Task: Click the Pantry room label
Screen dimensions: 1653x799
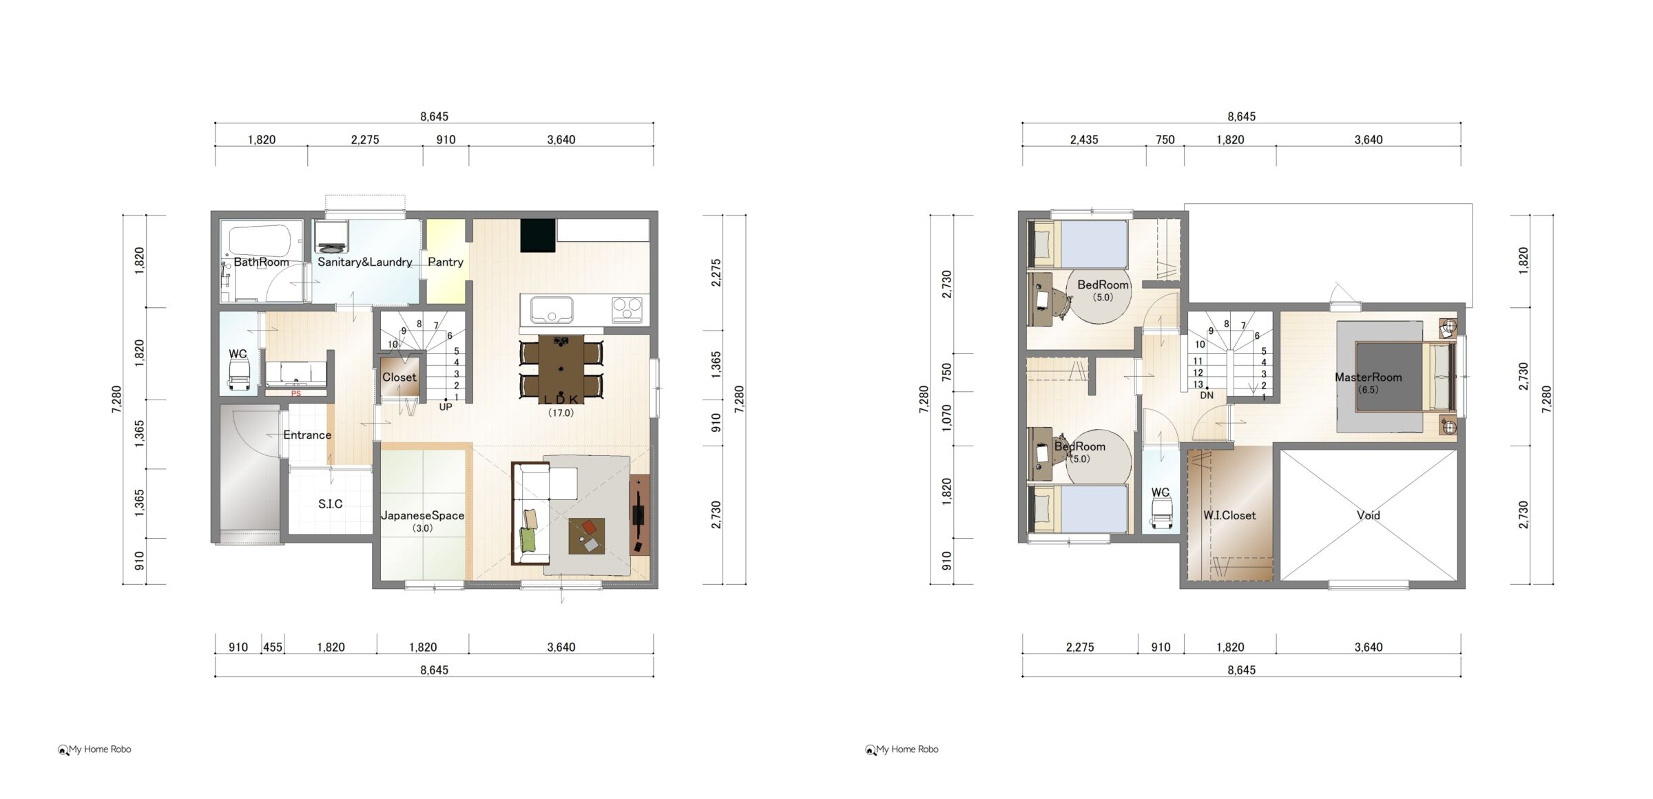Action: [445, 262]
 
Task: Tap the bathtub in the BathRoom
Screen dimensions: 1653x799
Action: [262, 242]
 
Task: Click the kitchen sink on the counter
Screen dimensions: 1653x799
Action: [551, 310]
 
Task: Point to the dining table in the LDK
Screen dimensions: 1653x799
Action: [561, 366]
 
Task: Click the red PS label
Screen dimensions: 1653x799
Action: [296, 394]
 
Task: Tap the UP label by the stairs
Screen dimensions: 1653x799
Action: [446, 407]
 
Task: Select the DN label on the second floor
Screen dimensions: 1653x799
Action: [1207, 395]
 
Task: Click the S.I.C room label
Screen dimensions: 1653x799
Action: [331, 504]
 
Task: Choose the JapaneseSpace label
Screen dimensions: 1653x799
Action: [423, 515]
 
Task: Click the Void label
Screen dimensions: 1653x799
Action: [1369, 515]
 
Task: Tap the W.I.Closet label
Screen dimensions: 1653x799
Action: [1229, 515]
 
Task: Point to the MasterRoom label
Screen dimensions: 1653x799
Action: [1368, 377]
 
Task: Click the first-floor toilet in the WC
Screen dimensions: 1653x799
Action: [238, 376]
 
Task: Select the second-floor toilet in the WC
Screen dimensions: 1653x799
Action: [1161, 513]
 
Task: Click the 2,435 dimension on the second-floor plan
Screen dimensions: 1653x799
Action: [1084, 140]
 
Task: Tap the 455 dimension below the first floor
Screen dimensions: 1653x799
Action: [273, 647]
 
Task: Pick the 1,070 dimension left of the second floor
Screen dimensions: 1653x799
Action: [947, 418]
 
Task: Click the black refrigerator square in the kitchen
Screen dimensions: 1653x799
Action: [538, 236]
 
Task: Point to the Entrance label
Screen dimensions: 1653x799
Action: [307, 435]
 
